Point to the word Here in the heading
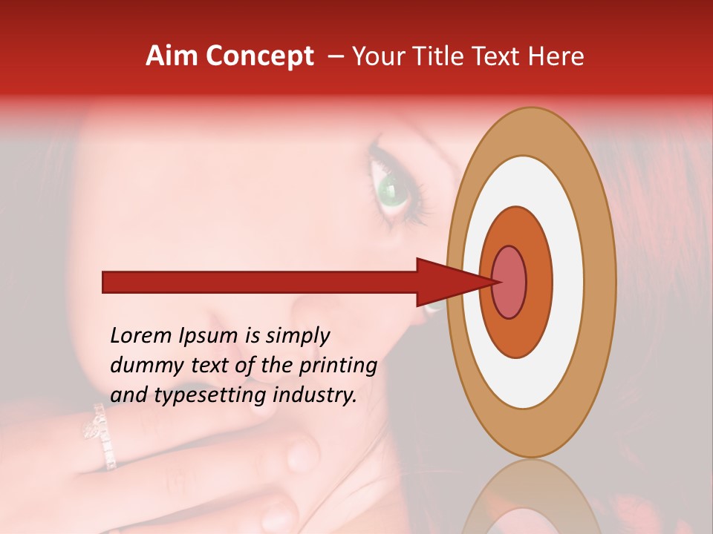pyautogui.click(x=558, y=56)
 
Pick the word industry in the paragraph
pyautogui.click(x=315, y=395)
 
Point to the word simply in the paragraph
pyautogui.click(x=297, y=337)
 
